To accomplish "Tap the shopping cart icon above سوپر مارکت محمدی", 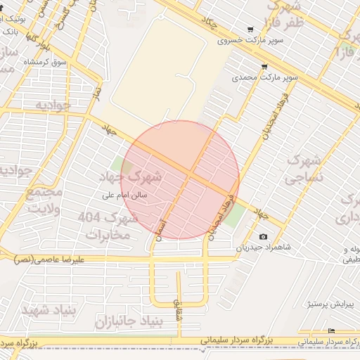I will pos(264,67).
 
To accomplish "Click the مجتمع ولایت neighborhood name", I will pos(44,200).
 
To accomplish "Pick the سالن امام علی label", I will pos(124,196).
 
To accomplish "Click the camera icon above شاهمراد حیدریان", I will pos(263,237).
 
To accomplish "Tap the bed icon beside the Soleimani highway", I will pos(331,331).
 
